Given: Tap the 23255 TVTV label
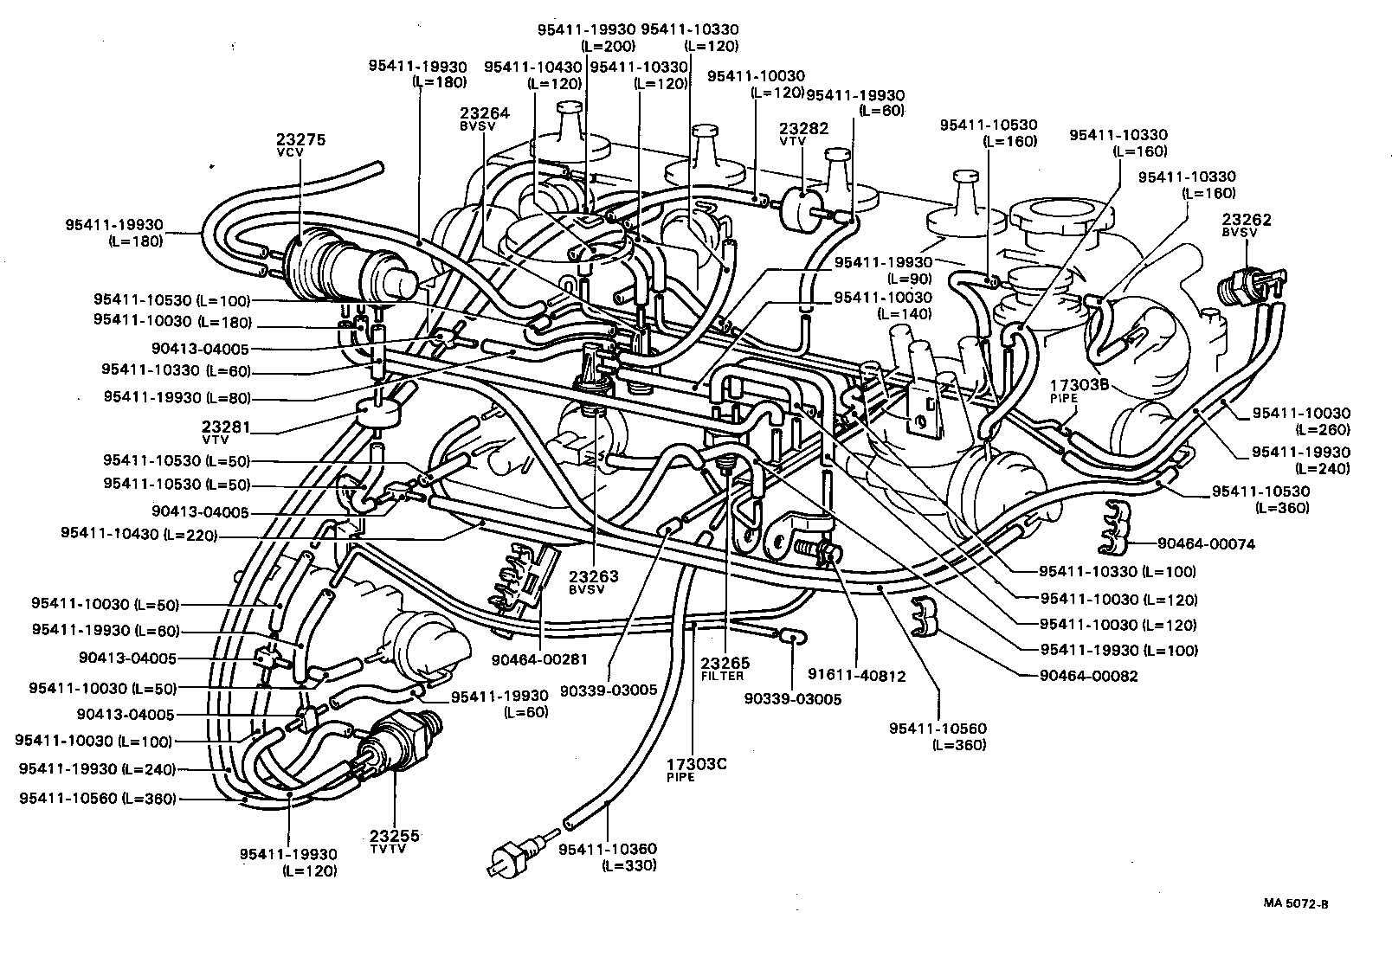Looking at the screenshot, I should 394,840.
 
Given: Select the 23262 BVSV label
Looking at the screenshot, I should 1246,226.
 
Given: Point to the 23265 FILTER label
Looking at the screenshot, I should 723,669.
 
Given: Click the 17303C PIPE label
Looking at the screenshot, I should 695,769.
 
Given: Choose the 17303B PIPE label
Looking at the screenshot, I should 1079,390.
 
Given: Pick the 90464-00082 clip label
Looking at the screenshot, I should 1088,677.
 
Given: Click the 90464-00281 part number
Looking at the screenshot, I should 539,659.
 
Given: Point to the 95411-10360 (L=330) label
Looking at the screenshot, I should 607,857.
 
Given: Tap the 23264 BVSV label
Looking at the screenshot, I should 484,118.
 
